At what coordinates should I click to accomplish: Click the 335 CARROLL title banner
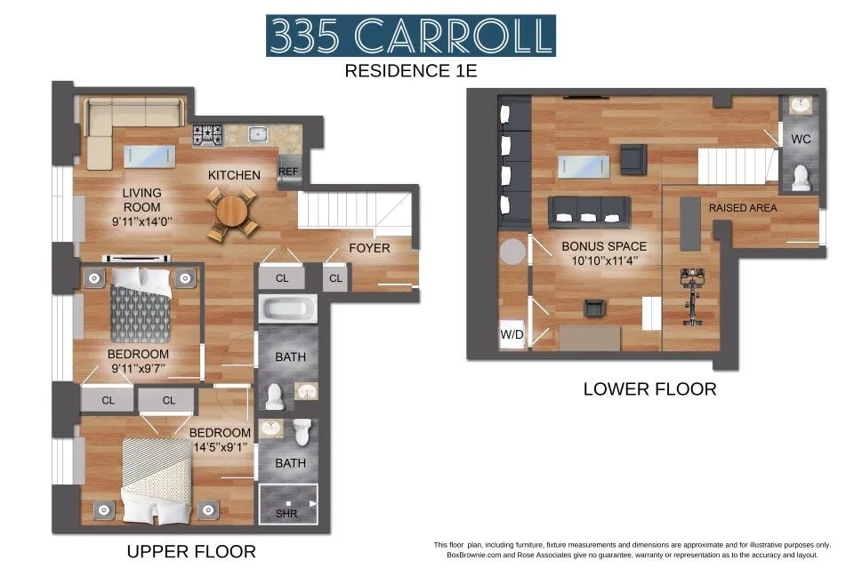pyautogui.click(x=411, y=36)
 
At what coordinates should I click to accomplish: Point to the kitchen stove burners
pyautogui.click(x=207, y=135)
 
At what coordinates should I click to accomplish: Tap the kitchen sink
pyautogui.click(x=258, y=135)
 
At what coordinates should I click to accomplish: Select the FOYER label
pyautogui.click(x=368, y=248)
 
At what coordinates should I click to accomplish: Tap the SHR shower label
pyautogui.click(x=286, y=513)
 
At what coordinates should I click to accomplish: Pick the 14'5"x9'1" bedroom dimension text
pyautogui.click(x=220, y=448)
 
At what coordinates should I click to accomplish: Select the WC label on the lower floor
pyautogui.click(x=801, y=140)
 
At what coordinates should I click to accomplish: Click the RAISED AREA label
pyautogui.click(x=742, y=207)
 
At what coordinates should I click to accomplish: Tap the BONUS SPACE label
pyautogui.click(x=603, y=246)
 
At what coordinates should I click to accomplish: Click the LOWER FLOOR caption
pyautogui.click(x=649, y=389)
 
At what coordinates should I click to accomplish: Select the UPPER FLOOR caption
pyautogui.click(x=191, y=551)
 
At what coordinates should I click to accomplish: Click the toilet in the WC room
pyautogui.click(x=801, y=178)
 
